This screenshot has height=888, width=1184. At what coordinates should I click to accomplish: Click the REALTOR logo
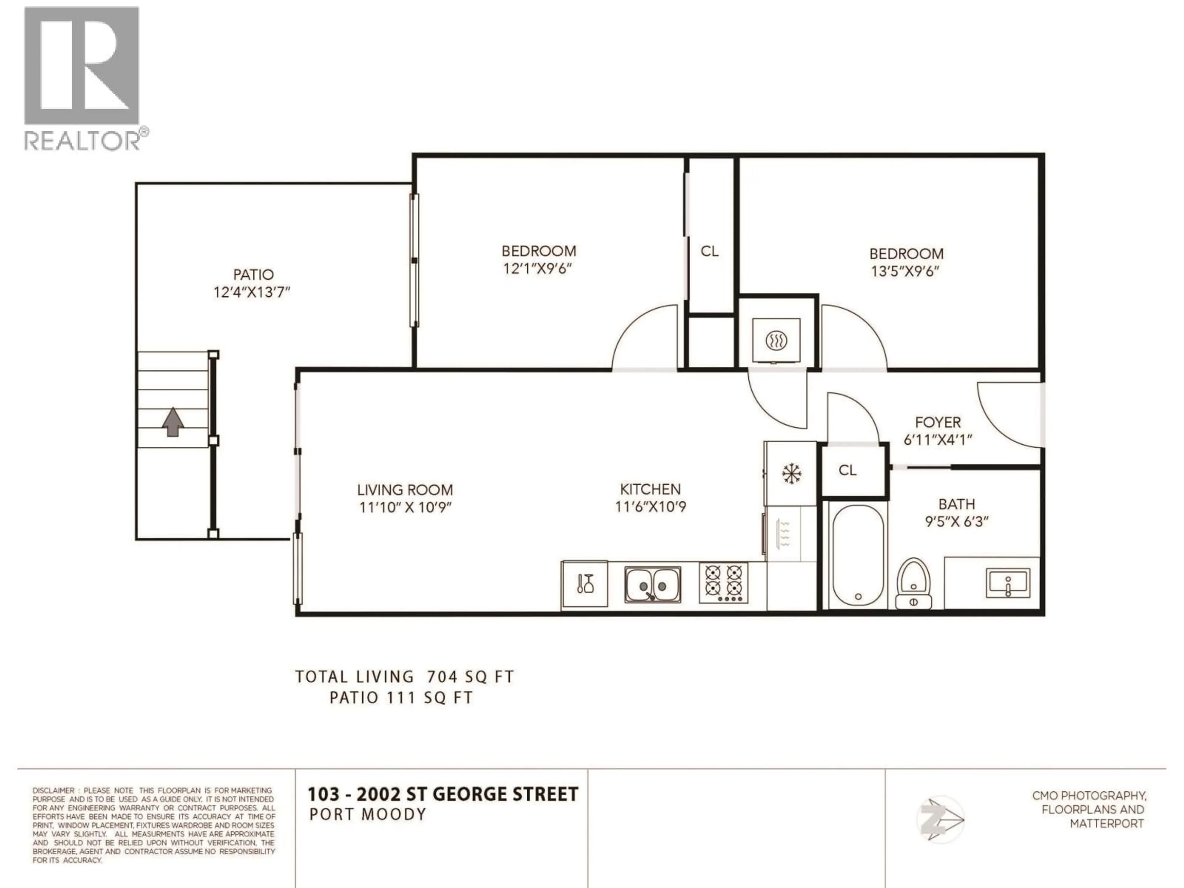86,78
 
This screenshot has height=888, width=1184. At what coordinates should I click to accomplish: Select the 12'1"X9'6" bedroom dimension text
538,268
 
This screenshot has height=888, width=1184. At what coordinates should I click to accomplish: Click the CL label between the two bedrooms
710,251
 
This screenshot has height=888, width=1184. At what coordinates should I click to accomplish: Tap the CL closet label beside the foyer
847,470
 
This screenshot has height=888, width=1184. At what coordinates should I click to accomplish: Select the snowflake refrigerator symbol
791,473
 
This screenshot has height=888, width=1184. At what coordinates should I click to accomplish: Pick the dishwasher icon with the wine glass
585,584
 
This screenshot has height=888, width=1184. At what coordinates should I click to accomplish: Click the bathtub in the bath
858,556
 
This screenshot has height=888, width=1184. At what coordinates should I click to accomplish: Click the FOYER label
938,422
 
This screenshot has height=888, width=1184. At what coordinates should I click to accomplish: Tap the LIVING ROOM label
405,490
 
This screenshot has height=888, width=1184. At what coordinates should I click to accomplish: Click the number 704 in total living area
442,677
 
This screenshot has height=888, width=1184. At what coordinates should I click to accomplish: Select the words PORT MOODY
368,815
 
